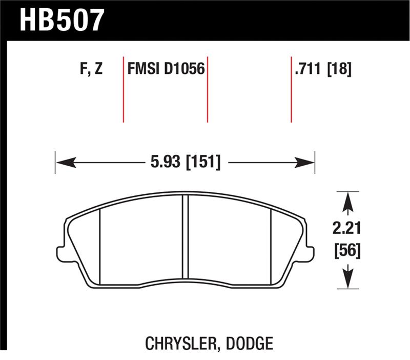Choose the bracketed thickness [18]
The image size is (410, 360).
[339, 69]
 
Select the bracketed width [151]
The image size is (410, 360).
[204, 163]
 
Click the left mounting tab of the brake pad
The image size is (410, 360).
[60, 253]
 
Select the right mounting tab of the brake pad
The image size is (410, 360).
[309, 253]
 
